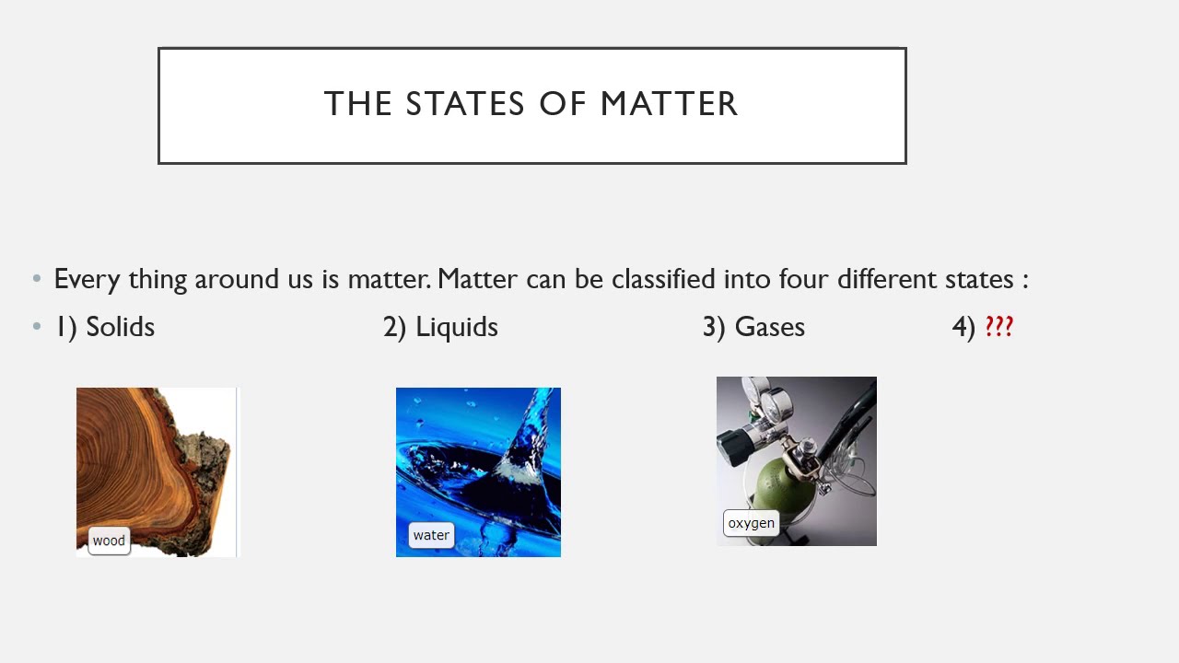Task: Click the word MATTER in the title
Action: pos(669,104)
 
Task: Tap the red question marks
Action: pos(999,327)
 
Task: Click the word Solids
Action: pos(120,327)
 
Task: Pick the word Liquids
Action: pos(456,327)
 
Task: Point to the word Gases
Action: pos(769,327)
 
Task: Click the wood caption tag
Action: pos(109,541)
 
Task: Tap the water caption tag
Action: pos(431,535)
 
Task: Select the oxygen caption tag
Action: pos(751,523)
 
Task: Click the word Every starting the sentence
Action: pos(87,279)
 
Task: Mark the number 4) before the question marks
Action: pos(963,327)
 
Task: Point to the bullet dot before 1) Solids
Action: pos(37,327)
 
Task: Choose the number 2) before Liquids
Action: pos(394,327)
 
